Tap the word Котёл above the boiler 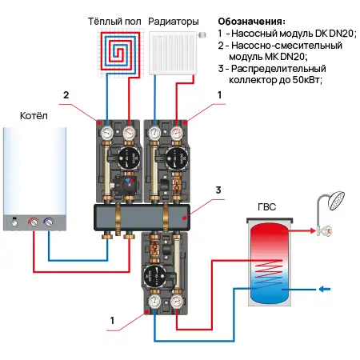coord(33,118)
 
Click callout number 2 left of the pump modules coord(67,94)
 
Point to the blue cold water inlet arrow coord(324,289)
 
